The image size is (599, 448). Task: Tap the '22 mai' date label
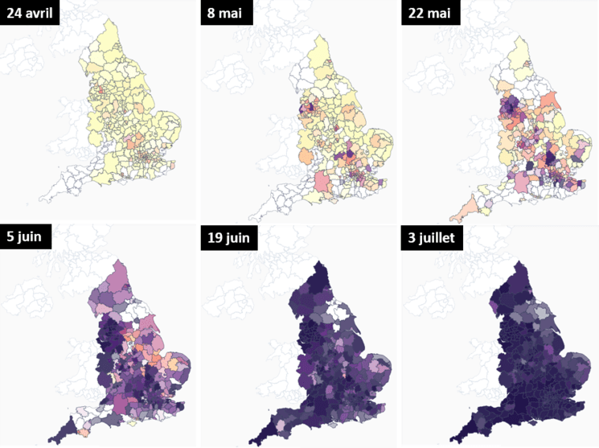429,13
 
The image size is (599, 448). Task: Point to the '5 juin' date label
27,236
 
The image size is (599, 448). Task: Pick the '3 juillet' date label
437,236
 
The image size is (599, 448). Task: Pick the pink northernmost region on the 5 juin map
123,269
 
